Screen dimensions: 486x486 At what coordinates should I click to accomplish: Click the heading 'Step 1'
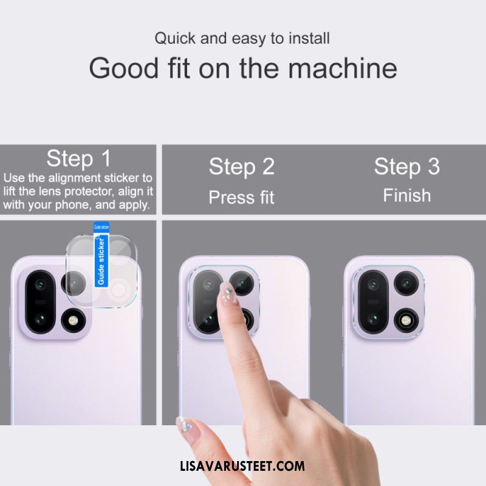[x=78, y=159]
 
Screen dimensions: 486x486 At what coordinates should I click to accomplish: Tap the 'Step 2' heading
[x=242, y=166]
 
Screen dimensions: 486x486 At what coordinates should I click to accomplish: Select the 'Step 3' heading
[x=407, y=166]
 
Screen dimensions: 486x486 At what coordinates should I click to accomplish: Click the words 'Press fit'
[x=241, y=197]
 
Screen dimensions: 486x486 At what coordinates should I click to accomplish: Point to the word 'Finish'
[x=407, y=196]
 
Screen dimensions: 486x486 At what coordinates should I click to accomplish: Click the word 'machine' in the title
[x=343, y=68]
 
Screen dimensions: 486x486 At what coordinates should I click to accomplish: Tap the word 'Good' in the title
[x=124, y=68]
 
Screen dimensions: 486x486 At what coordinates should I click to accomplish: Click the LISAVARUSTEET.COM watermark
[x=242, y=467]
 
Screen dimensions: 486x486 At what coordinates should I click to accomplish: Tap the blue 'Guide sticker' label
[x=101, y=255]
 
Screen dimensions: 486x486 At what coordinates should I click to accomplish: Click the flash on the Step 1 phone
[x=73, y=321]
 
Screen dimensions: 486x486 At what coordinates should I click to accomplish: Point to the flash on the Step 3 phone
[x=406, y=320]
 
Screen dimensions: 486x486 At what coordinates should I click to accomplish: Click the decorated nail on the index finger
[x=228, y=293]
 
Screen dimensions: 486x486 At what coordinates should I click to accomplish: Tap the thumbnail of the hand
[x=186, y=428]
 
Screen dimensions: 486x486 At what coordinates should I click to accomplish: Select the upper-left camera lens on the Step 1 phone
[x=40, y=284]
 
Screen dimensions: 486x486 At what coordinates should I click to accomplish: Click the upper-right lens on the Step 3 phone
[x=406, y=283]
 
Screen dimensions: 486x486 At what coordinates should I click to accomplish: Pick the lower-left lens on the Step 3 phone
[x=373, y=319]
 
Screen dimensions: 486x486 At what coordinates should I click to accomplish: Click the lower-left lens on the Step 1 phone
[x=40, y=319]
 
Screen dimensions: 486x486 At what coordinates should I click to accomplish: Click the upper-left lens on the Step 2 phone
[x=208, y=284]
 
